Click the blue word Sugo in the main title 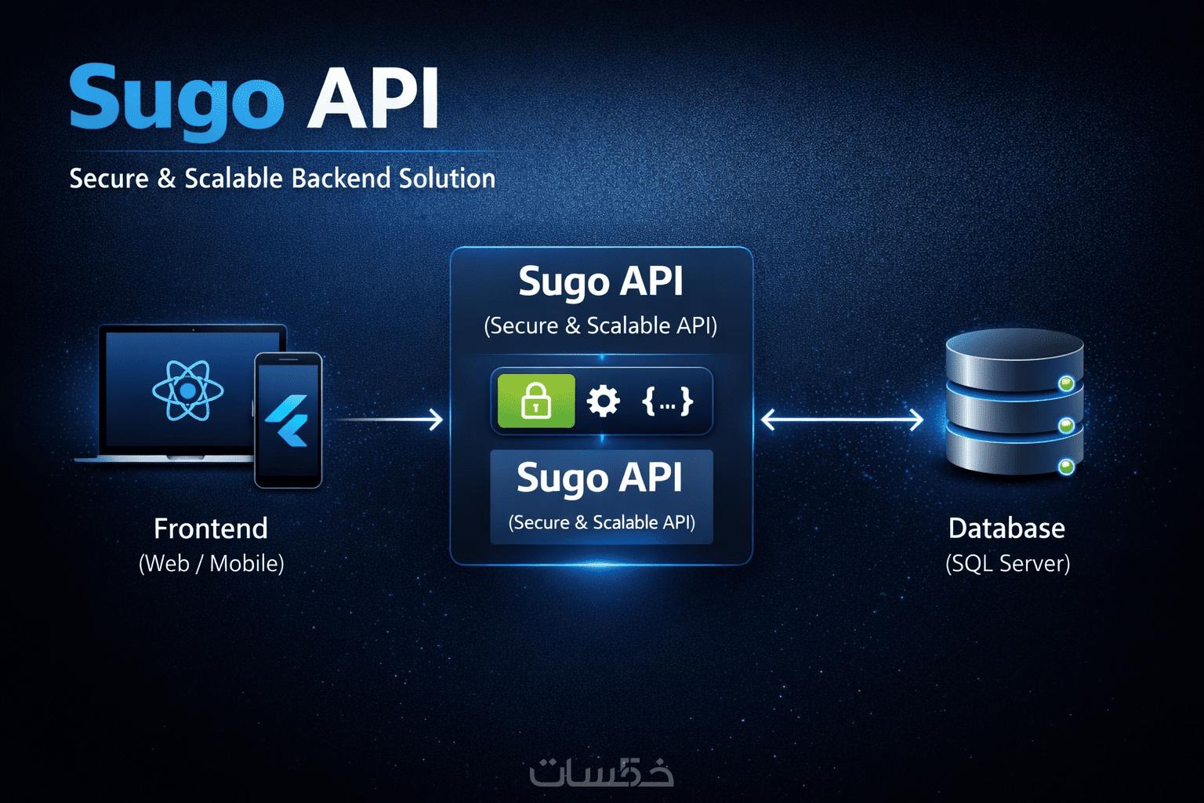[x=176, y=100]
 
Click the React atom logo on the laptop [x=188, y=390]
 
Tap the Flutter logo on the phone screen [x=288, y=420]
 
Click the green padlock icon [x=536, y=401]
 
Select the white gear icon [x=603, y=401]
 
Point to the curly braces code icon [x=667, y=401]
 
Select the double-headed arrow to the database [x=842, y=420]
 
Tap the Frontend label [x=211, y=529]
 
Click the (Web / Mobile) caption [x=211, y=563]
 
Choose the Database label [x=1006, y=529]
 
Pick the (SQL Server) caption [x=1007, y=563]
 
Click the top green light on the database [x=1066, y=383]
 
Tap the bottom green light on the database [x=1066, y=467]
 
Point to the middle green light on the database [x=1066, y=426]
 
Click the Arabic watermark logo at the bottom [x=601, y=772]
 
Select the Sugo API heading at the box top [x=600, y=282]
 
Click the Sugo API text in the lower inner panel [x=600, y=478]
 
